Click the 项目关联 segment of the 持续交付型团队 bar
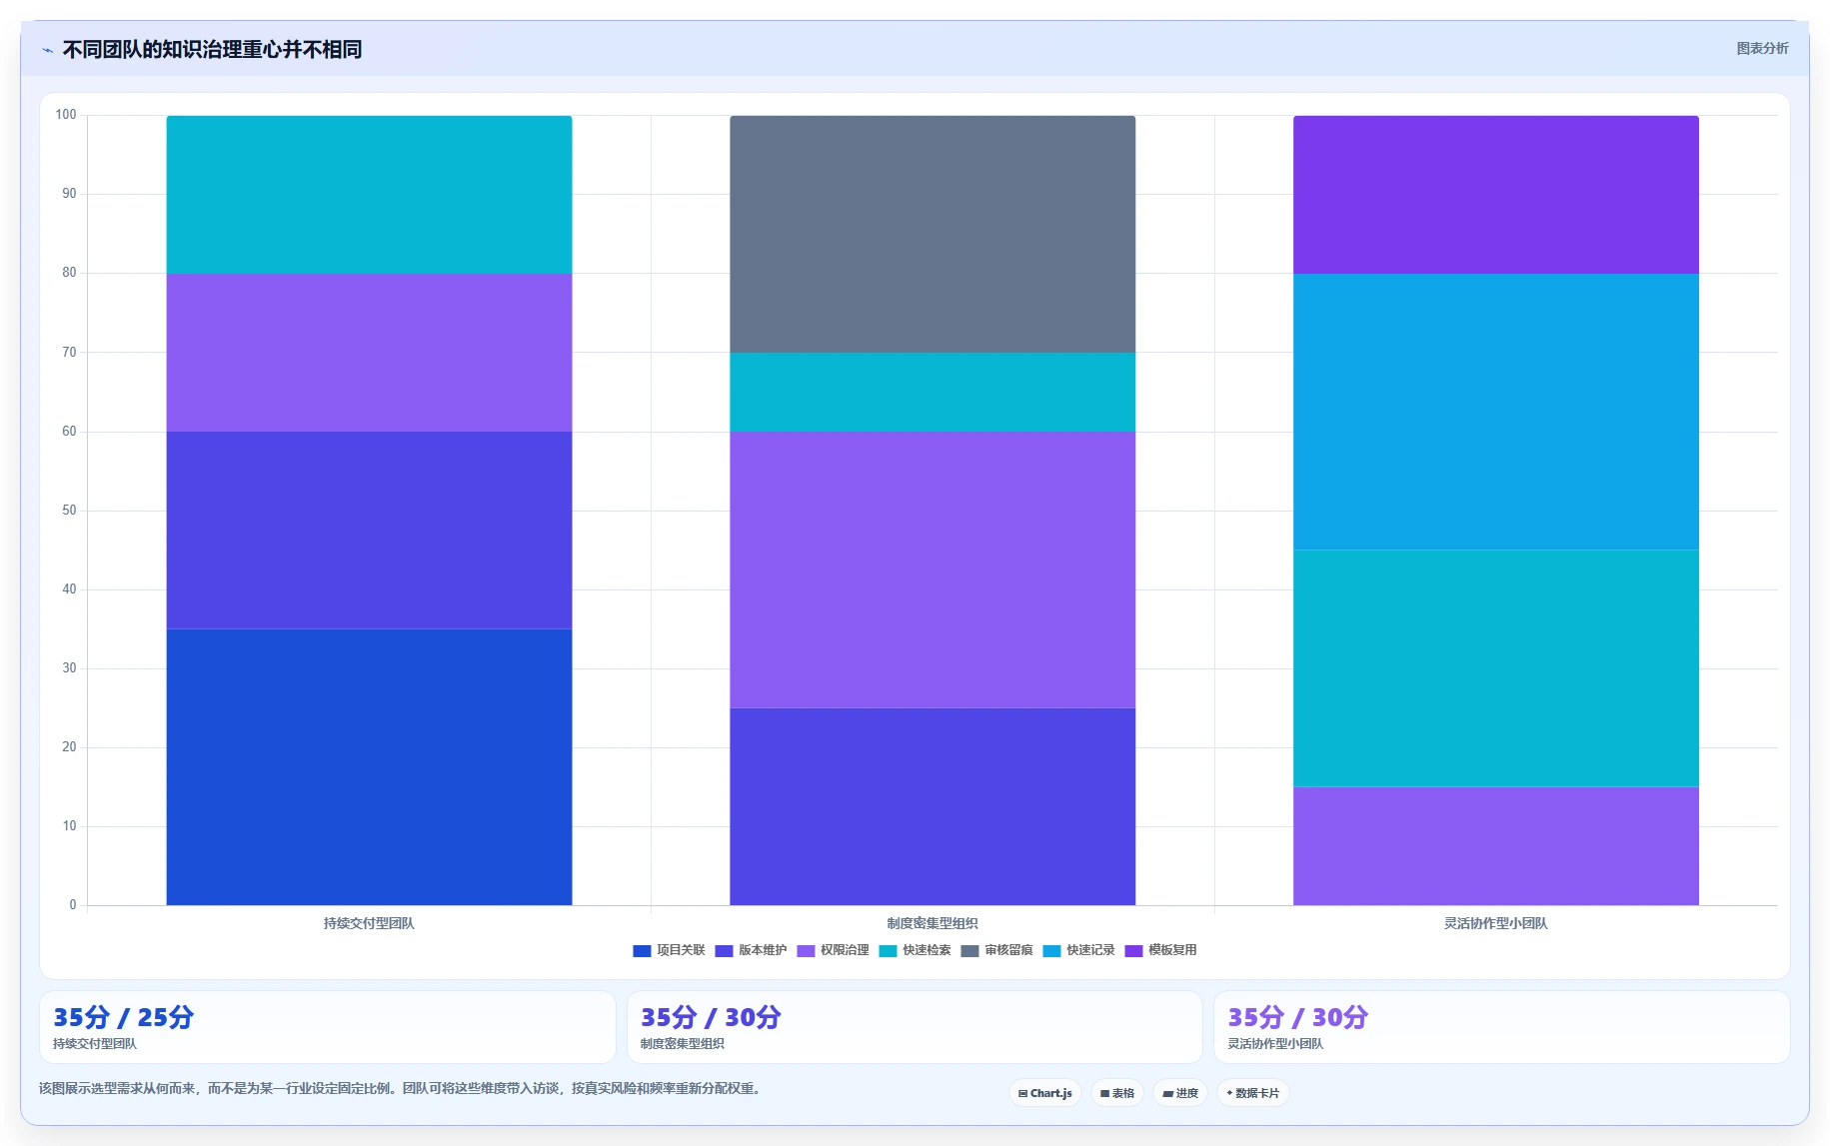click(x=369, y=766)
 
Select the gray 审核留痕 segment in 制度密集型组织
click(x=932, y=234)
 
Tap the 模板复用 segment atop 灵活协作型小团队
click(x=1496, y=195)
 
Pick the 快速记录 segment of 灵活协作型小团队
click(x=1496, y=412)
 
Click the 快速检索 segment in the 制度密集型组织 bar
click(x=932, y=392)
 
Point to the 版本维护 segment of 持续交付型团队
click(x=369, y=530)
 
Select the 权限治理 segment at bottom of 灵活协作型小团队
click(x=1496, y=846)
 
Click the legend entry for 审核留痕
click(x=996, y=950)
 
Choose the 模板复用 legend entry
click(x=1160, y=950)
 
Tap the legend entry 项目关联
click(x=669, y=950)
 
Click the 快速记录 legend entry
click(x=1078, y=950)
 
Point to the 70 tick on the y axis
click(x=69, y=352)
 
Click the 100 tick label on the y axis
click(x=66, y=115)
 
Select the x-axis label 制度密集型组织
click(x=932, y=923)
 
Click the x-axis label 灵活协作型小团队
click(x=1496, y=923)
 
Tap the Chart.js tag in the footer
click(x=1045, y=1093)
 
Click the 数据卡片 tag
click(x=1253, y=1093)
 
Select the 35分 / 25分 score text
click(x=124, y=1017)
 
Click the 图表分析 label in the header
click(x=1763, y=48)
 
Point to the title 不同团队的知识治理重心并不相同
click(x=212, y=49)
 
